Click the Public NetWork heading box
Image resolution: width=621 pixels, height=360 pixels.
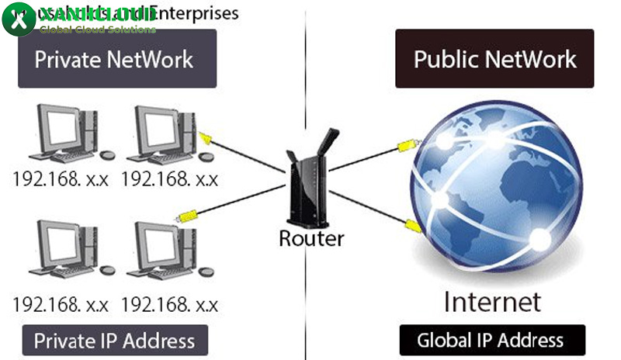point(494,59)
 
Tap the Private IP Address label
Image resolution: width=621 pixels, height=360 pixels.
point(115,340)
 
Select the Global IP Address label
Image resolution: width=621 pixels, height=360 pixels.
point(490,340)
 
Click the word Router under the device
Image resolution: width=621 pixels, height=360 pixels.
point(310,237)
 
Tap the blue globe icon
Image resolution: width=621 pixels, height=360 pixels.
point(494,188)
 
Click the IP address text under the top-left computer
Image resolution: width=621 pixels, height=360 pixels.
point(61,179)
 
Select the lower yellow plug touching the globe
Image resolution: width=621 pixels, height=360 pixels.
point(412,226)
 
